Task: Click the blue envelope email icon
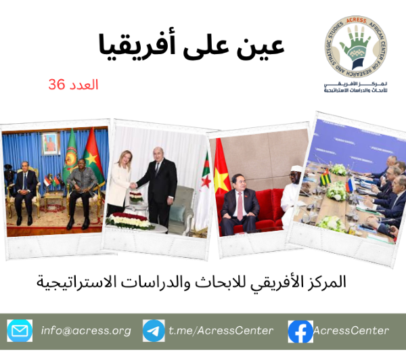point(20,330)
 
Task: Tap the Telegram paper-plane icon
point(154,330)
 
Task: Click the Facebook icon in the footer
point(300,330)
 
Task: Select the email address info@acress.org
point(86,330)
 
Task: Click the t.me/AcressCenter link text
point(221,330)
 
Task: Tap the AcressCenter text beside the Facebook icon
point(352,330)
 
